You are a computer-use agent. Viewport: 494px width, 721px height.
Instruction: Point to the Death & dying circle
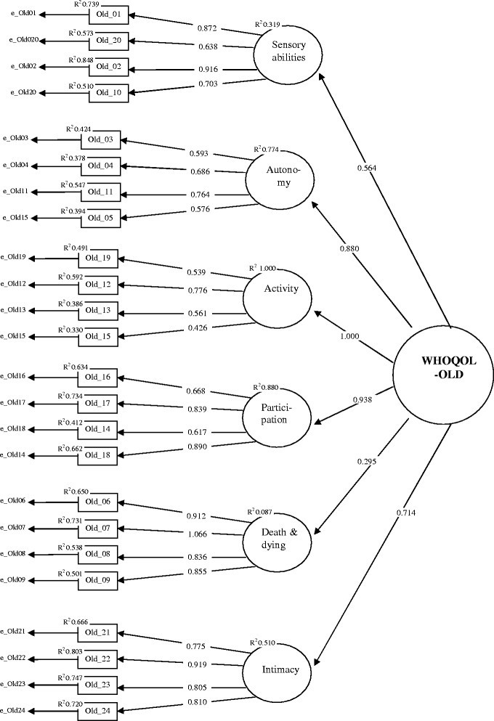click(x=280, y=539)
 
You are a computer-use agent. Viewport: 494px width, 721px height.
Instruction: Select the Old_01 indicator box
click(x=108, y=14)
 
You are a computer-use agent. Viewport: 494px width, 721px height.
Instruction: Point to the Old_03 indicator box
click(x=101, y=139)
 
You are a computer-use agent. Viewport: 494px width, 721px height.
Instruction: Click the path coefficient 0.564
click(x=368, y=168)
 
